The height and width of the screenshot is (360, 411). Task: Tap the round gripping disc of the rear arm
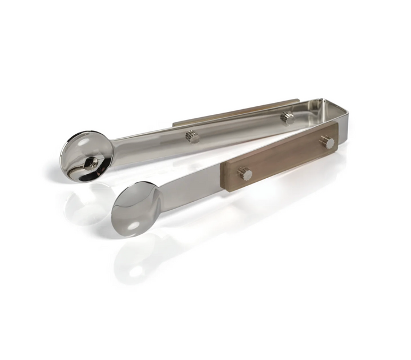point(86,157)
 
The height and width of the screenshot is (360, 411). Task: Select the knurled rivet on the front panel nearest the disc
point(245,174)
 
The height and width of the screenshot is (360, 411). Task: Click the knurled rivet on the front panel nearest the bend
point(327,142)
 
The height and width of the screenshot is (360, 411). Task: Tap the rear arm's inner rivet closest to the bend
point(287,118)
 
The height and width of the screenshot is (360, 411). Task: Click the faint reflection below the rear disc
point(86,206)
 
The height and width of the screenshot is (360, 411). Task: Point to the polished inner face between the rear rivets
point(240,127)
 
